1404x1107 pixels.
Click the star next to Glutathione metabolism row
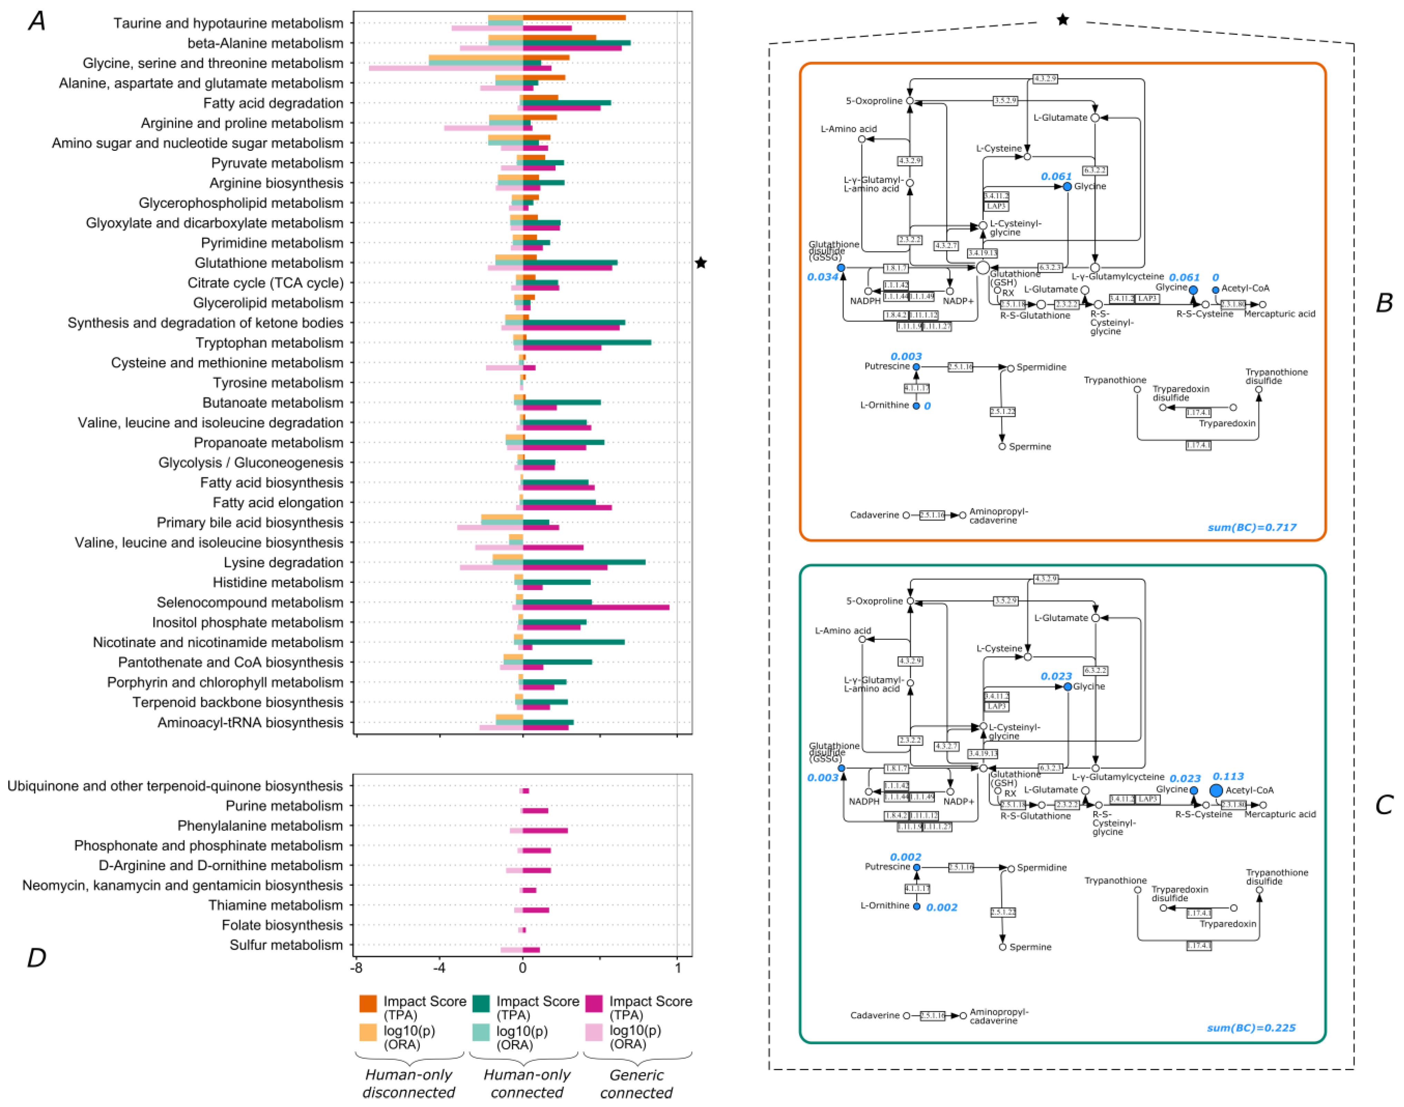[700, 263]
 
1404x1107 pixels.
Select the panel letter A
[37, 21]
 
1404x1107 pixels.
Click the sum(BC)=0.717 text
[1252, 528]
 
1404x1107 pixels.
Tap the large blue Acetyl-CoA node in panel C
[1216, 790]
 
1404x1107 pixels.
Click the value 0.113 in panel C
[1228, 776]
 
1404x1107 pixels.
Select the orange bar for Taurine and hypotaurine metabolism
[574, 18]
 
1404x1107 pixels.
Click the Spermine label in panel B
[1030, 447]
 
